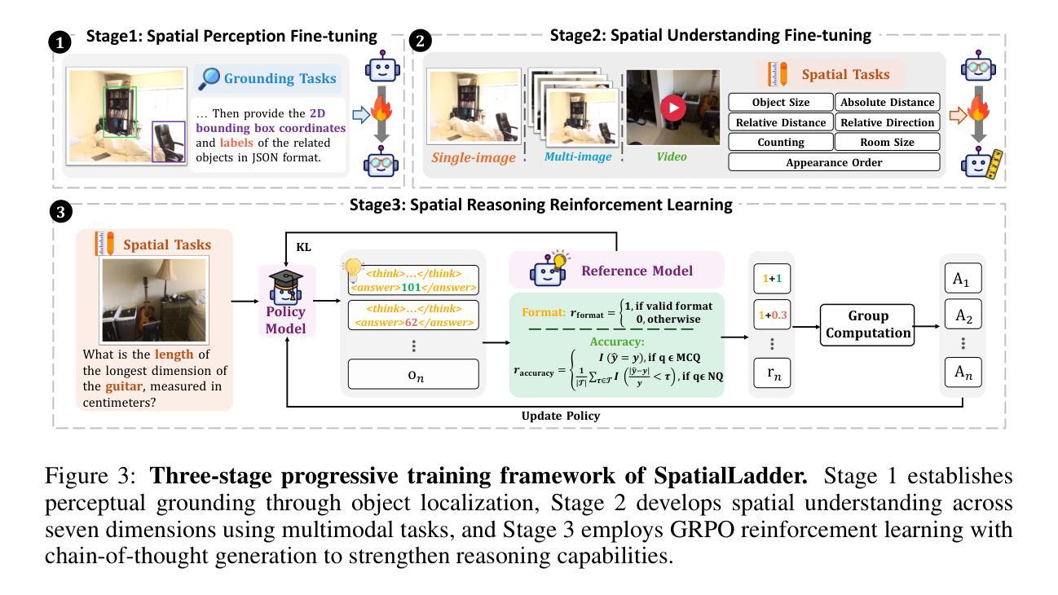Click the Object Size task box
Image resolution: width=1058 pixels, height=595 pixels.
(780, 103)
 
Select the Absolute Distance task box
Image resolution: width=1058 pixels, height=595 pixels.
(887, 103)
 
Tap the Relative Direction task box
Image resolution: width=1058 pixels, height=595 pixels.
(887, 122)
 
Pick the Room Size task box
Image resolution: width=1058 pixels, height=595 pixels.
(887, 142)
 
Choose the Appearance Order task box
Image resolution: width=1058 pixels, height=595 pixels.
(834, 162)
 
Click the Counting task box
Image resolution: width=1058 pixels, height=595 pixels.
(780, 142)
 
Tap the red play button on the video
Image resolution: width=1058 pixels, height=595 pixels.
(672, 108)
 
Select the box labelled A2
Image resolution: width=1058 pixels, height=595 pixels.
(962, 315)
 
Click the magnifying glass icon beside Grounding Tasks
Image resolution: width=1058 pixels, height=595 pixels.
(209, 78)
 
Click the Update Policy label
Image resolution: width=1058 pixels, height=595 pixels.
(560, 416)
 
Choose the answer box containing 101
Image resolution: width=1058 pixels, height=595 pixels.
(412, 280)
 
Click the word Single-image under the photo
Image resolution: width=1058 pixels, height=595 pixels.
(474, 157)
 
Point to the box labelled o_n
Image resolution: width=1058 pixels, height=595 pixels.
(412, 374)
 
